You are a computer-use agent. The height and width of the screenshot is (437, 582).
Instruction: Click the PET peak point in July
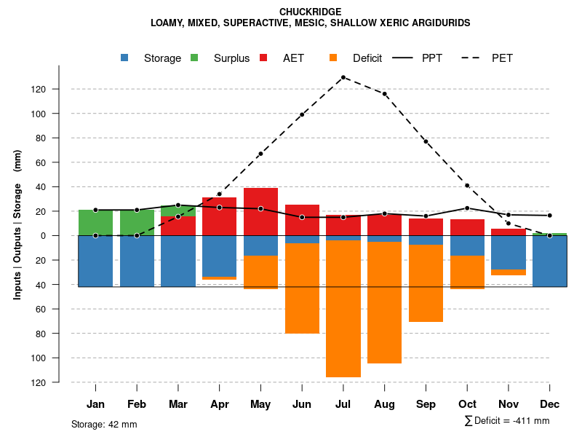click(x=343, y=77)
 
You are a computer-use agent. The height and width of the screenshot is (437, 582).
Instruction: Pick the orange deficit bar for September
click(x=426, y=283)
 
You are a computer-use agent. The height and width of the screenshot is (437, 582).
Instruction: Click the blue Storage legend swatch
click(x=125, y=58)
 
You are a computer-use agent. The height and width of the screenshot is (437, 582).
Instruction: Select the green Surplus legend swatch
click(x=195, y=58)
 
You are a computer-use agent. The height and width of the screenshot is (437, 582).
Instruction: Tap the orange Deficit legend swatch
click(x=334, y=58)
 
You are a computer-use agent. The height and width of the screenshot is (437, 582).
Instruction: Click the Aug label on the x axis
click(x=384, y=404)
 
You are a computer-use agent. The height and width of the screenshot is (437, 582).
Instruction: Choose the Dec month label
click(x=549, y=404)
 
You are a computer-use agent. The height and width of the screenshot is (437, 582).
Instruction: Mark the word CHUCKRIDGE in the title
click(x=310, y=12)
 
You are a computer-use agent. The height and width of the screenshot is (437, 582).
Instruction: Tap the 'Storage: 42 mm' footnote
click(x=104, y=424)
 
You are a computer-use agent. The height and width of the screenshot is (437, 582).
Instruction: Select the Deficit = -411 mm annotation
click(x=507, y=420)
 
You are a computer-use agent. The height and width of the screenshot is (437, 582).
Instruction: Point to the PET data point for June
click(x=302, y=114)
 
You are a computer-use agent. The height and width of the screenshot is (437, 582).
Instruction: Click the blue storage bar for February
click(x=137, y=261)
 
